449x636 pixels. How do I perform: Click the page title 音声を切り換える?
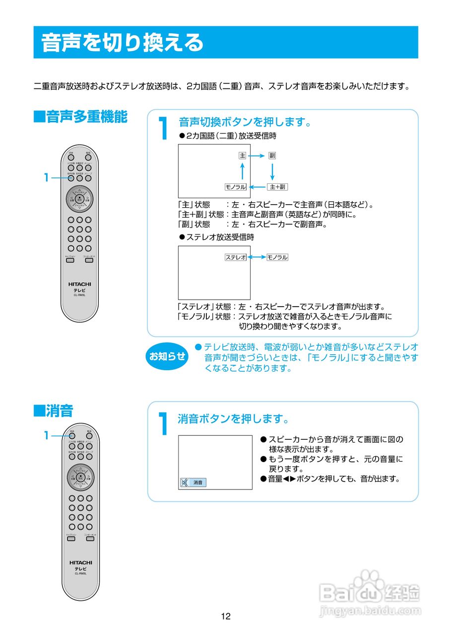(122, 43)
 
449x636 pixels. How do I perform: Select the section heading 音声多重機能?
(80, 117)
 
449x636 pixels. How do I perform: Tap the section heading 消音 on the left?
(53, 411)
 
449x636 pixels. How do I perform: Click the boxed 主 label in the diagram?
(242, 156)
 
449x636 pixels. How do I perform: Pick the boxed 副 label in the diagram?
(272, 156)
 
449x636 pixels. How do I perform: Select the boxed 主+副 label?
(277, 187)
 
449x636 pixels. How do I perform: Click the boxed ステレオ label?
(236, 257)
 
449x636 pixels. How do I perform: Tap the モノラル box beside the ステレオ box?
(277, 257)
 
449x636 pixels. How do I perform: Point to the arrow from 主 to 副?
(257, 156)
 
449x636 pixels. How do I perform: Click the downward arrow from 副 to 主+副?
(272, 171)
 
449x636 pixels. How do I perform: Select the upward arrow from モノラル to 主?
(242, 171)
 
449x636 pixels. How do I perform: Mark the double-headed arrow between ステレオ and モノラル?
(257, 257)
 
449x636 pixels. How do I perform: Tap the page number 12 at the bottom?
(226, 617)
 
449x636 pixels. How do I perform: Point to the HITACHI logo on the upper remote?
(80, 284)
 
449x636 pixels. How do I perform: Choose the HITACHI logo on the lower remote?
(80, 562)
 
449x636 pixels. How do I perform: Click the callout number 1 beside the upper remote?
(46, 177)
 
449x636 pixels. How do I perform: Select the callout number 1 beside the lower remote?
(46, 435)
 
